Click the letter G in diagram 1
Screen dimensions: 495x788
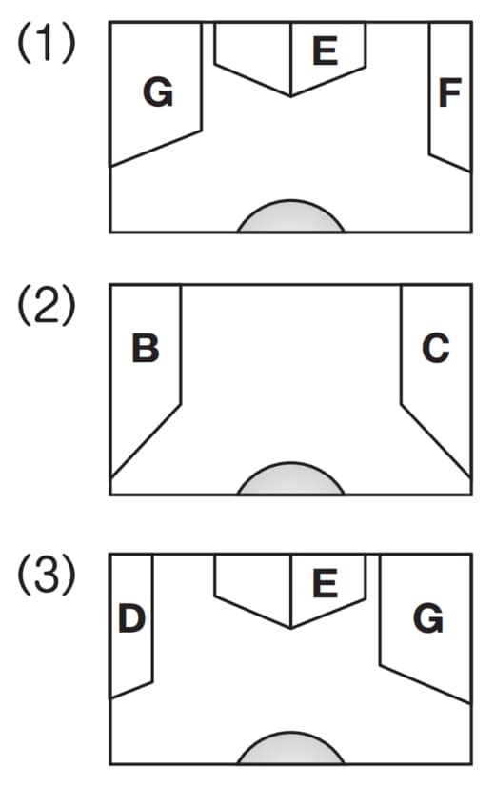point(158,92)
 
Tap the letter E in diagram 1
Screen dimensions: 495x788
point(325,51)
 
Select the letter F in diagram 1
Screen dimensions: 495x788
point(450,92)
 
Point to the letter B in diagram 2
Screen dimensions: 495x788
point(146,348)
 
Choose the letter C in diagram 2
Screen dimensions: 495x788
point(436,348)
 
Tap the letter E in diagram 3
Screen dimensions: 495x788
point(325,583)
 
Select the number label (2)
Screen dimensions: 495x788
point(47,305)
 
